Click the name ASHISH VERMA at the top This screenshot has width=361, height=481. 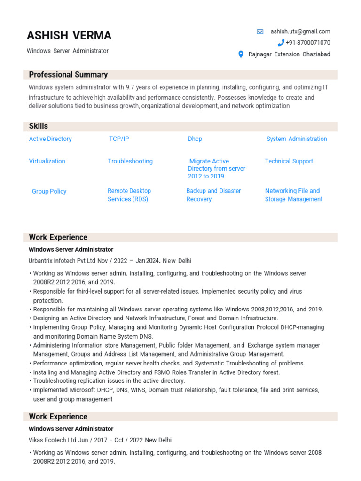tap(69, 35)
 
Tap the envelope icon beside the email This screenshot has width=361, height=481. tap(260, 31)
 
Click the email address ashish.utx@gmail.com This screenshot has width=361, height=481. tap(300, 31)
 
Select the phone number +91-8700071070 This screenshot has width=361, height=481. tap(307, 43)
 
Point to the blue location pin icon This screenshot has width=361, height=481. tap(241, 54)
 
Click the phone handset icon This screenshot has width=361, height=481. tap(281, 43)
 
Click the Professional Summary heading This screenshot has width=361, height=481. tap(68, 75)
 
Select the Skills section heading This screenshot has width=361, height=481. tap(39, 126)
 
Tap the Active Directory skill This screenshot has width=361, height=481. tap(50, 139)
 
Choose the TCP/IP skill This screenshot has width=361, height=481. tap(119, 139)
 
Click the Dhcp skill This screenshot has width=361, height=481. tap(195, 139)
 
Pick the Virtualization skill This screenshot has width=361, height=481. tap(47, 161)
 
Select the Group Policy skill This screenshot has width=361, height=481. tap(49, 192)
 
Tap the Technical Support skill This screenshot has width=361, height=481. tap(289, 161)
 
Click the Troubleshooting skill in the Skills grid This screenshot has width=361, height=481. tap(130, 161)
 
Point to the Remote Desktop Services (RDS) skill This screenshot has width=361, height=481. tap(129, 195)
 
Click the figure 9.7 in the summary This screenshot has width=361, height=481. tap(130, 87)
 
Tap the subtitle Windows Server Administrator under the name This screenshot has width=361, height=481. tap(68, 51)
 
